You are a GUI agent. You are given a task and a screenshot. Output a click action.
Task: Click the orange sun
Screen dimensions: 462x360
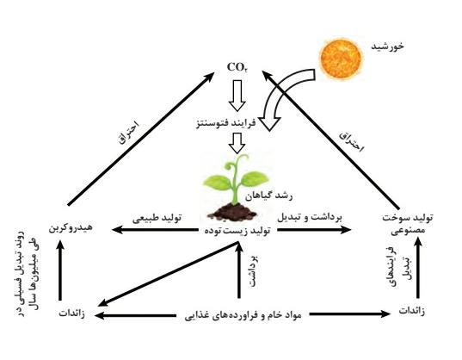click(341, 59)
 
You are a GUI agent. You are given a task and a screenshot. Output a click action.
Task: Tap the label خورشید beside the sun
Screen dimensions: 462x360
click(387, 47)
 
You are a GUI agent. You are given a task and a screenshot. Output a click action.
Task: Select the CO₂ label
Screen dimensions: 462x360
click(237, 67)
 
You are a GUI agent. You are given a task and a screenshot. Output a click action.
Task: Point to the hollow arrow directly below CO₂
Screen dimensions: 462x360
click(237, 96)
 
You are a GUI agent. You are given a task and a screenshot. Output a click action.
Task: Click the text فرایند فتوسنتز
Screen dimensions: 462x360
click(225, 123)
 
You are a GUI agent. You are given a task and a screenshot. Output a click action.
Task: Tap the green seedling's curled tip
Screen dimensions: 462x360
click(235, 163)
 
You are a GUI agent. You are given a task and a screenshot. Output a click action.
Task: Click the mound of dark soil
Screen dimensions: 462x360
click(232, 211)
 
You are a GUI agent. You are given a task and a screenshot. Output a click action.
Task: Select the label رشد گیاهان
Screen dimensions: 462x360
click(269, 196)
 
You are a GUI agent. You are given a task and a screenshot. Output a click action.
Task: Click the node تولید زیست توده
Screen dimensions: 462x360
click(237, 231)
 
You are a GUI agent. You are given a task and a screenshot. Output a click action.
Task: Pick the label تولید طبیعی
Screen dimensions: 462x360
click(157, 219)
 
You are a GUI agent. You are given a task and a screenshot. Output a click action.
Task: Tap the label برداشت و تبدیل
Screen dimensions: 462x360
click(310, 217)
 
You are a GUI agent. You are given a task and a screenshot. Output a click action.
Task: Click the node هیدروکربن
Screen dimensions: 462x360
click(71, 227)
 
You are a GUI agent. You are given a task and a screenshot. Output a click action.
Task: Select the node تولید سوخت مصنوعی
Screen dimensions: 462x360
click(408, 225)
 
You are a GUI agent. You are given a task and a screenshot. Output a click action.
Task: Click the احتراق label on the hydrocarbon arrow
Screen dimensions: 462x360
click(128, 133)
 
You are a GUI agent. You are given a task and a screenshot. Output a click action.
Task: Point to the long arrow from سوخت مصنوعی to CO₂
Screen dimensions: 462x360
click(330, 140)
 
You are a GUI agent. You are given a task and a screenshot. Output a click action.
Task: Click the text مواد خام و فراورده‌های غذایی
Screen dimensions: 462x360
click(243, 315)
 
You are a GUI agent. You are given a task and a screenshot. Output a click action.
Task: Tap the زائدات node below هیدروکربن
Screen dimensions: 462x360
click(72, 313)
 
